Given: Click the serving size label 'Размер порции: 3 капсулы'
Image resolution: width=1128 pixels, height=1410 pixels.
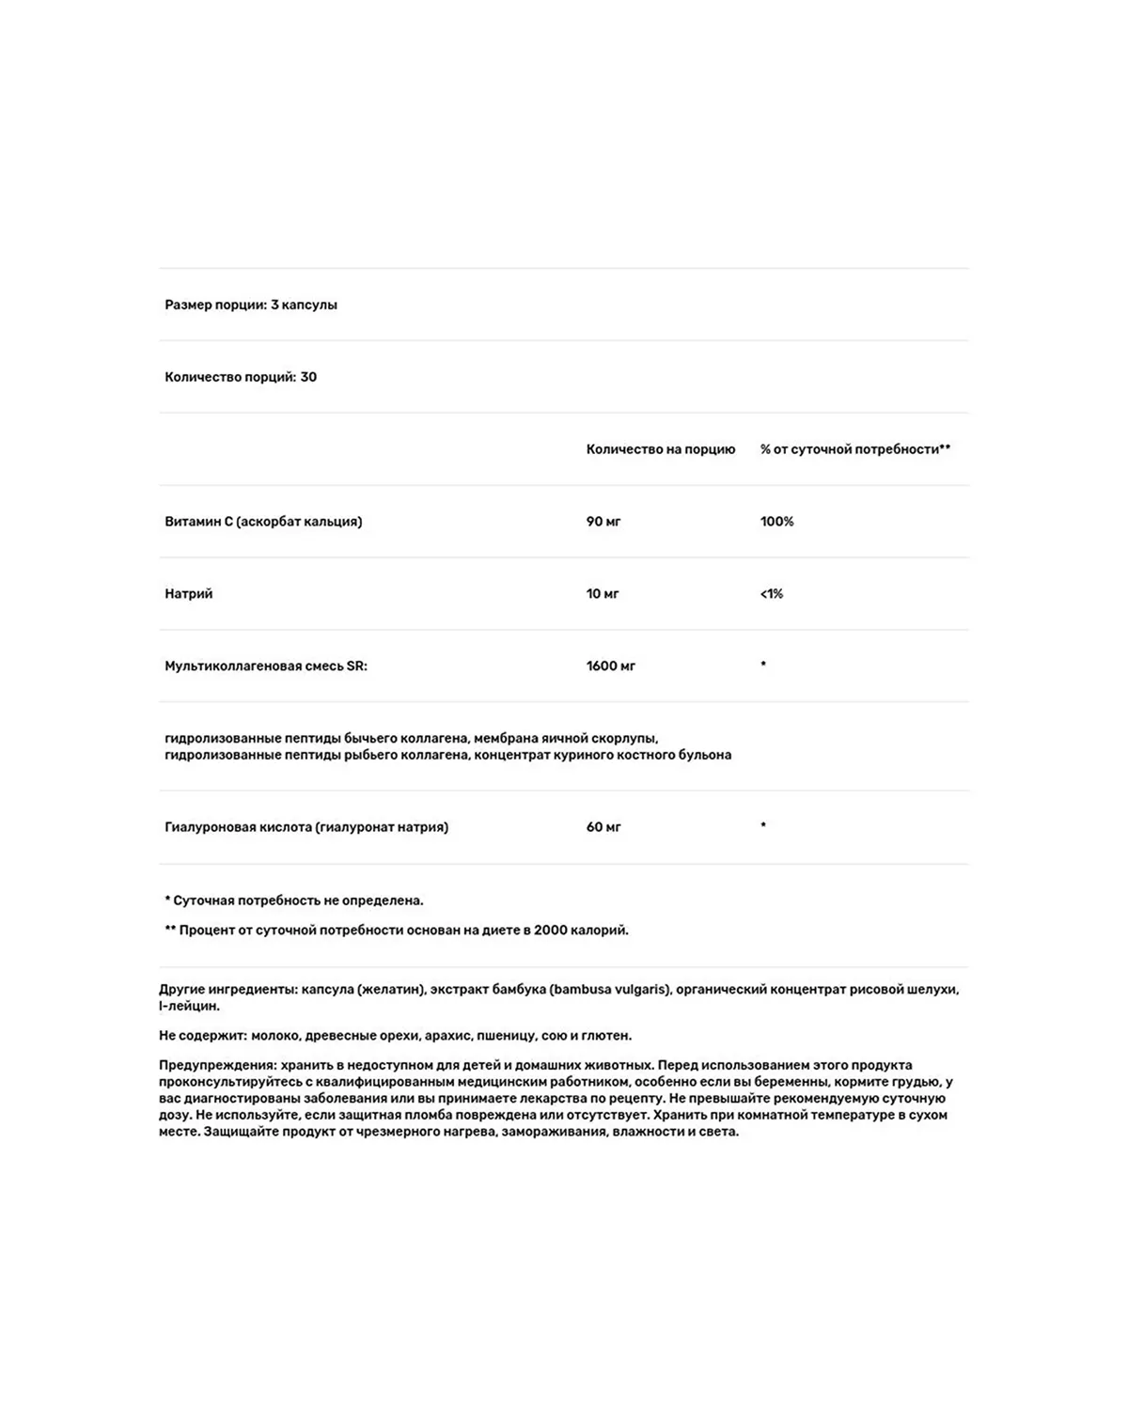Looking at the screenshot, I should (x=251, y=305).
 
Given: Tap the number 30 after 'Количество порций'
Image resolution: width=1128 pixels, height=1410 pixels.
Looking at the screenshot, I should (x=308, y=377).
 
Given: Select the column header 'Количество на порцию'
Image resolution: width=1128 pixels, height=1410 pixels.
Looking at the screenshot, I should (x=660, y=449).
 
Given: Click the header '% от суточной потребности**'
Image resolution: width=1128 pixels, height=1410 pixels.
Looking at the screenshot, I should (x=854, y=449).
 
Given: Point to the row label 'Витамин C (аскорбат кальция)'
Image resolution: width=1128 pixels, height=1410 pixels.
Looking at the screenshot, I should (x=263, y=522).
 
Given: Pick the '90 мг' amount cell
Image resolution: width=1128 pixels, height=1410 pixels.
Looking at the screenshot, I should (x=603, y=522).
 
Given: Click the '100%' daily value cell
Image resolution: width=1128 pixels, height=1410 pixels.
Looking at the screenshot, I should (x=776, y=522).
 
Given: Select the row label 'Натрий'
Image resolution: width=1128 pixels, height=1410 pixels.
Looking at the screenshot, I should (x=189, y=594).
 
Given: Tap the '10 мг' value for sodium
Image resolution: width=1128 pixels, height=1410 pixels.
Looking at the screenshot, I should (x=603, y=594).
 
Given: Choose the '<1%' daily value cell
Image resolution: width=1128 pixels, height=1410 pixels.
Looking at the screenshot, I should (x=771, y=594).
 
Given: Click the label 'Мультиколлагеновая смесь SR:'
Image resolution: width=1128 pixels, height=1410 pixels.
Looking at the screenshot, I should (x=266, y=666).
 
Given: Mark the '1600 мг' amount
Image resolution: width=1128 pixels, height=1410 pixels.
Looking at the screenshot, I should (x=611, y=666).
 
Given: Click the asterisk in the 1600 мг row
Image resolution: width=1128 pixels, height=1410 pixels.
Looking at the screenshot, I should (x=763, y=665).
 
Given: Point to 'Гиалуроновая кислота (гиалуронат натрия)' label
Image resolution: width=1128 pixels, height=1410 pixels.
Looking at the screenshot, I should (x=306, y=827).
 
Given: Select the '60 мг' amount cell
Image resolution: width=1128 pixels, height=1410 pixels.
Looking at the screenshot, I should (x=603, y=827).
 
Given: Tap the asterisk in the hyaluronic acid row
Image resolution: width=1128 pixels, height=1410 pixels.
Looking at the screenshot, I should (x=763, y=825).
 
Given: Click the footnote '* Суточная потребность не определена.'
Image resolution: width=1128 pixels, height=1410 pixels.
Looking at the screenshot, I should (x=294, y=901).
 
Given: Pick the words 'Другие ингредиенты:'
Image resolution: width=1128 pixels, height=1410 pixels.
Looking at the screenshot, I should (x=228, y=989).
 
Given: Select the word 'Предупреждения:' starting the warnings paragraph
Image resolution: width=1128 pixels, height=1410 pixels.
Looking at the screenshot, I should (x=217, y=1065).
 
